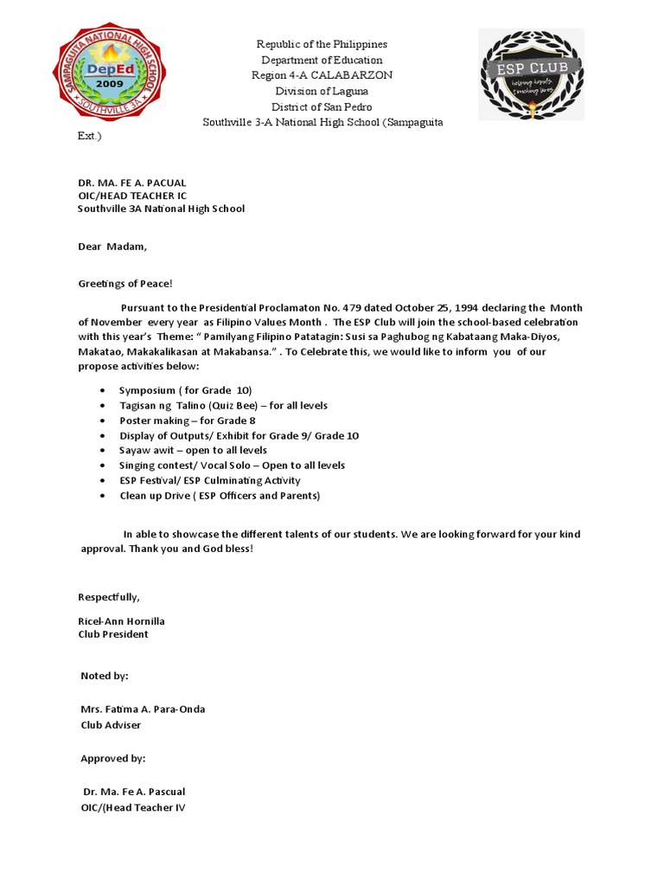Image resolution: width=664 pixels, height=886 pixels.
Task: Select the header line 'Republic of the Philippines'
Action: point(322,44)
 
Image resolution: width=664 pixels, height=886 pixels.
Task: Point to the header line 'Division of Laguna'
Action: point(322,91)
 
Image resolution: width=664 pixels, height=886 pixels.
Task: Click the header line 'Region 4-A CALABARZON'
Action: point(322,75)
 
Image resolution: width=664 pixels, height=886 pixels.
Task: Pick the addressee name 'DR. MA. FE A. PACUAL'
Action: point(131,183)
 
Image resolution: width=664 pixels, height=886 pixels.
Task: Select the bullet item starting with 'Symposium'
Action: point(185,390)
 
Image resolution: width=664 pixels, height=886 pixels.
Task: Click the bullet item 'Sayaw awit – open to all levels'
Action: point(193,450)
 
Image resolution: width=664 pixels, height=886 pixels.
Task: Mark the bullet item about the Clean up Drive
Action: point(220,496)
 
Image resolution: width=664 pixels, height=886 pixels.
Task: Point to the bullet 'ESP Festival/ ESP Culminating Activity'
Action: point(209,480)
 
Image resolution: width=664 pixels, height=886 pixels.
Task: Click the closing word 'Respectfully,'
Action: point(109,597)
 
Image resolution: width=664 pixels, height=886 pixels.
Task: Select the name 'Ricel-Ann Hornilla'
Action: point(121,621)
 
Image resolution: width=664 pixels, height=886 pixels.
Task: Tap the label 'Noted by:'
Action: point(105,676)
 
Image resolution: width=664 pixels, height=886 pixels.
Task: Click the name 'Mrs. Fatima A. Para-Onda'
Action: point(143,709)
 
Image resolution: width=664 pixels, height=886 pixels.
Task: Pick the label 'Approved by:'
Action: point(113,758)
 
